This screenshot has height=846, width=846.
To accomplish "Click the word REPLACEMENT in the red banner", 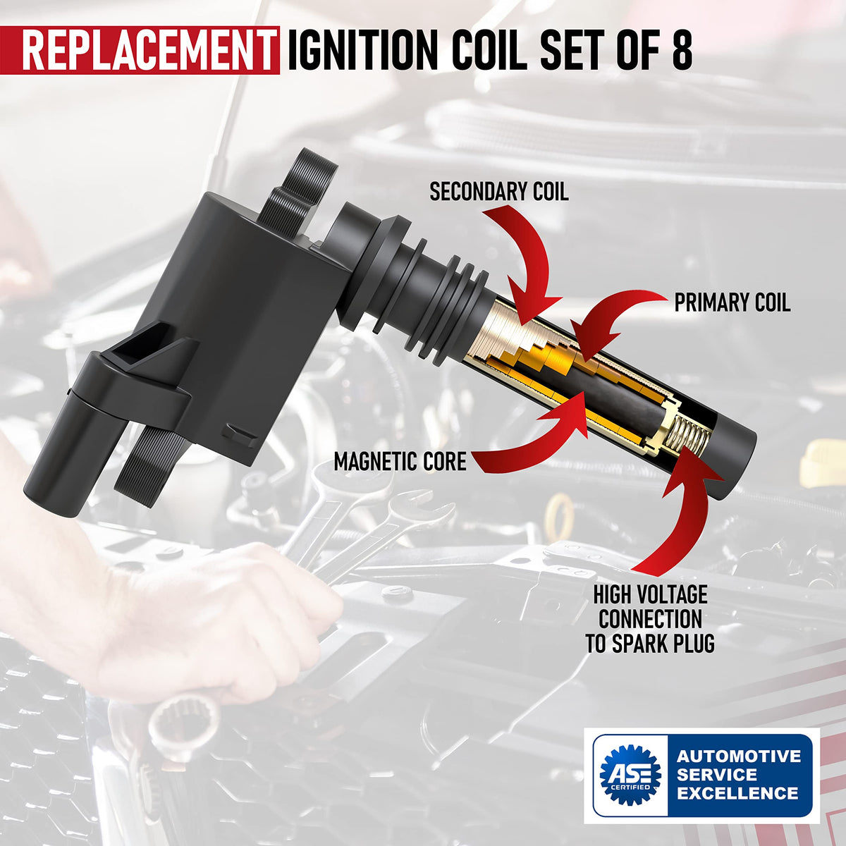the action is tap(147, 50).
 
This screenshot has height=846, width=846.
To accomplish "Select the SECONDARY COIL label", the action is tap(498, 192).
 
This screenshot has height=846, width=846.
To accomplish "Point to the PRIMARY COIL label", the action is tap(732, 302).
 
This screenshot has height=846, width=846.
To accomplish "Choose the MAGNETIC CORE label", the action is tap(400, 461).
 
